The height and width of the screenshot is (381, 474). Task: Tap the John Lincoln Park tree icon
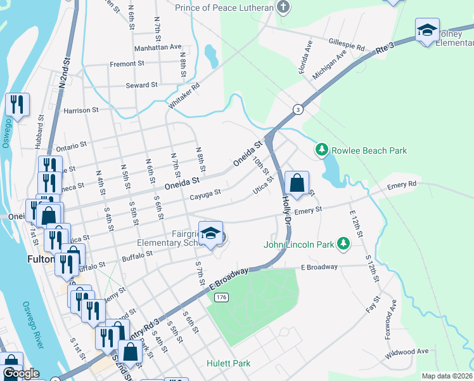coord(343,243)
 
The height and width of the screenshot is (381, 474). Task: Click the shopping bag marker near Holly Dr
coord(297,184)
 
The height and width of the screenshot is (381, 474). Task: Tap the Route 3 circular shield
coord(298,110)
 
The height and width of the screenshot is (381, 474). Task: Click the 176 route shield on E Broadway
coord(221,297)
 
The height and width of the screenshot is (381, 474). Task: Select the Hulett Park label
coord(228,364)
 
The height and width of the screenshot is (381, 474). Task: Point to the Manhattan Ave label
coord(158,48)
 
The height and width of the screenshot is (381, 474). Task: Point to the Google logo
coord(21,374)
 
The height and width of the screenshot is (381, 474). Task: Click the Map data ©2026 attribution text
coord(446,376)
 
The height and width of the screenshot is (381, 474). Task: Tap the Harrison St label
coord(81,110)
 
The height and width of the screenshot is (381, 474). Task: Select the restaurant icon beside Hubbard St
coord(16,105)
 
